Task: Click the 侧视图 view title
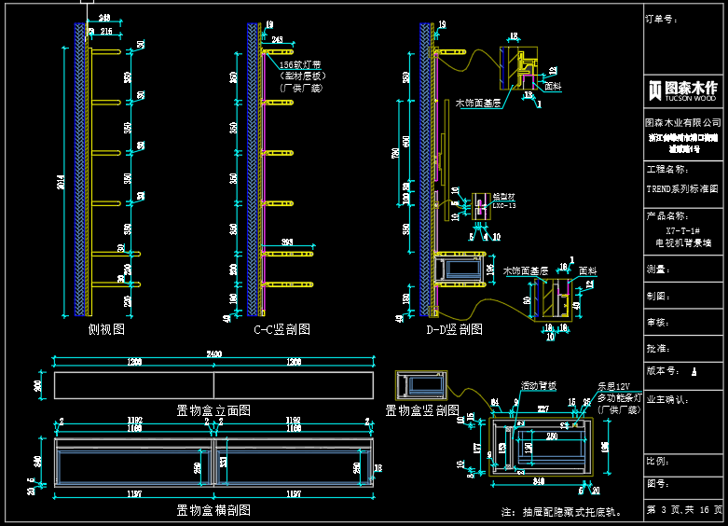pyautogui.click(x=106, y=329)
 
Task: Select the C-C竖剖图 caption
pyautogui.click(x=282, y=329)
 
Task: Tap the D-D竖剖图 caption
pyautogui.click(x=454, y=329)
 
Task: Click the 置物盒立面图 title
pyautogui.click(x=213, y=410)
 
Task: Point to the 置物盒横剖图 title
pyautogui.click(x=213, y=510)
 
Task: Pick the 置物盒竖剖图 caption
pyautogui.click(x=422, y=410)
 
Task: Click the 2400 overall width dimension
pyautogui.click(x=213, y=354)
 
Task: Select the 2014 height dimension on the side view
pyautogui.click(x=62, y=184)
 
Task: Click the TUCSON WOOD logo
pyautogui.click(x=683, y=90)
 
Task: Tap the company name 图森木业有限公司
pyautogui.click(x=683, y=122)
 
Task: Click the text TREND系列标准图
pyautogui.click(x=682, y=187)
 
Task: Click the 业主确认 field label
pyautogui.click(x=667, y=399)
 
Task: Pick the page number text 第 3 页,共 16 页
pyautogui.click(x=684, y=510)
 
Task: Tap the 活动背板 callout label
pyautogui.click(x=538, y=385)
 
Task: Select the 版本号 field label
pyautogui.click(x=664, y=370)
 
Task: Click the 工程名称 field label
pyautogui.click(x=666, y=170)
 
